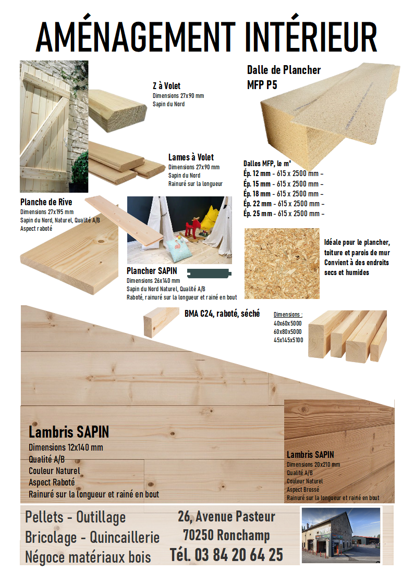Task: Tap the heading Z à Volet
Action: (166, 86)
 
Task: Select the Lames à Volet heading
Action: (191, 157)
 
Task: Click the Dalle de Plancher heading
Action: (284, 70)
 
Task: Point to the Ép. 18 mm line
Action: (283, 194)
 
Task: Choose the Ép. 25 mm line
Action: (284, 214)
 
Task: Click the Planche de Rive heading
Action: (46, 202)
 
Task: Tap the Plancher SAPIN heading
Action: (152, 271)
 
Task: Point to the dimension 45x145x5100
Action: (288, 340)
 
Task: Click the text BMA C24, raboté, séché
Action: (222, 314)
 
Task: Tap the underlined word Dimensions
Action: (287, 315)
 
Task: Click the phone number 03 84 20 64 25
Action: (238, 555)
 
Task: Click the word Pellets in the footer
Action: (44, 517)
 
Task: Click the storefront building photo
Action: (341, 535)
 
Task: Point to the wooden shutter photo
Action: (54, 127)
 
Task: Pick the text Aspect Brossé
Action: (303, 490)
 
